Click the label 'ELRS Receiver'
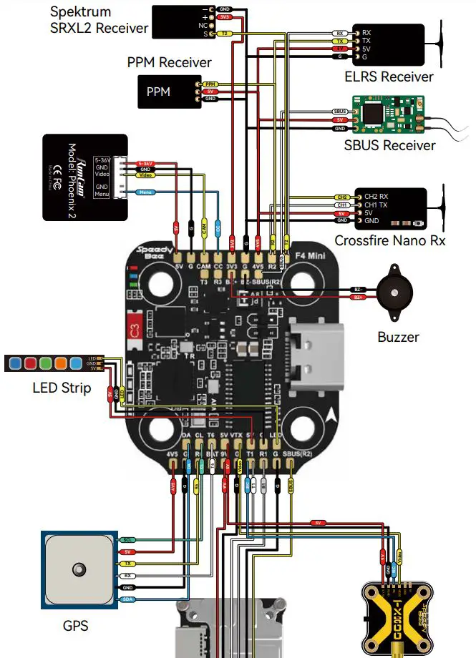point(389,76)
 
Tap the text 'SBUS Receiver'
point(389,145)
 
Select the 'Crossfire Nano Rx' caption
point(389,240)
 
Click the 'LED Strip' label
point(62,388)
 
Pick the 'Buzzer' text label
point(398,336)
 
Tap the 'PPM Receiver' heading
point(169,62)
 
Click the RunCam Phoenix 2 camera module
point(84,177)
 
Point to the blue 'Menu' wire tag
point(146,192)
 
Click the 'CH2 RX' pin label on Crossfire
point(376,196)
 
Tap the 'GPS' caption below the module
point(75,626)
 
